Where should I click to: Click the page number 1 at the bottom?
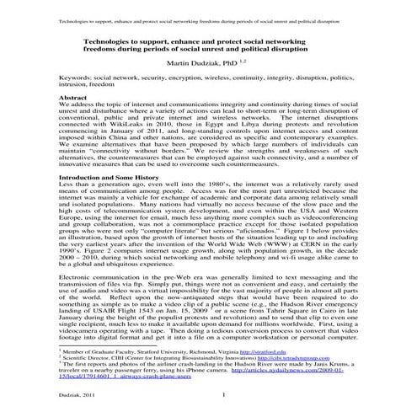223,395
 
